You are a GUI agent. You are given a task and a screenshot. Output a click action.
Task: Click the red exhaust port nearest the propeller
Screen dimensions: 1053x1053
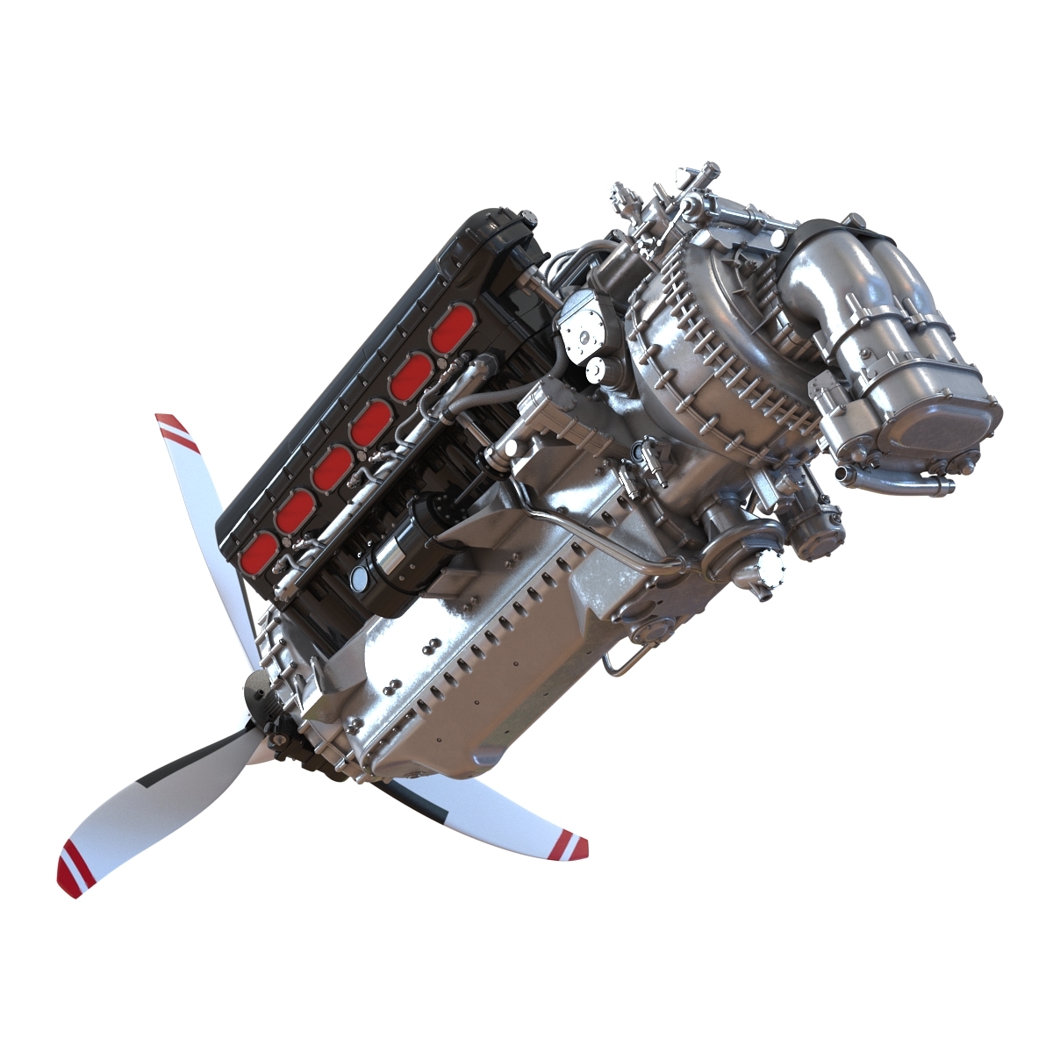(261, 550)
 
